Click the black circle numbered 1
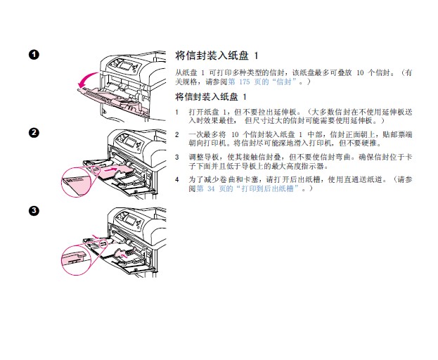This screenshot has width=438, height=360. (x=34, y=54)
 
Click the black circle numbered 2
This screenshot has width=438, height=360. (x=34, y=132)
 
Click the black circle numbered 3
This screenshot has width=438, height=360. (x=34, y=210)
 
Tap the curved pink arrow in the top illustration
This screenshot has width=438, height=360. (x=87, y=78)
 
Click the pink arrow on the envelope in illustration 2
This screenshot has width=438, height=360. (x=109, y=169)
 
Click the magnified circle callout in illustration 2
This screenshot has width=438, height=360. (x=77, y=182)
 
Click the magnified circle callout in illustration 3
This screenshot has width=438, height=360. (x=76, y=259)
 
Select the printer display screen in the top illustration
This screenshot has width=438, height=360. (x=125, y=66)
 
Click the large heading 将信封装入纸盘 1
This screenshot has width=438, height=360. (x=217, y=56)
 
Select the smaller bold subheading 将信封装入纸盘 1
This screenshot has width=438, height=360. (x=211, y=96)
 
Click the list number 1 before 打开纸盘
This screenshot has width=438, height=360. (x=176, y=112)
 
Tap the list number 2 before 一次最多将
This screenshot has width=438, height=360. (x=177, y=134)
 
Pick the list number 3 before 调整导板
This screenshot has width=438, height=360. (x=177, y=157)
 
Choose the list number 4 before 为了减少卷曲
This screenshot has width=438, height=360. (x=177, y=179)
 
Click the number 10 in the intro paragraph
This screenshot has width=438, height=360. (x=360, y=73)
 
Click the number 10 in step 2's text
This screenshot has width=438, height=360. (x=235, y=134)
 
